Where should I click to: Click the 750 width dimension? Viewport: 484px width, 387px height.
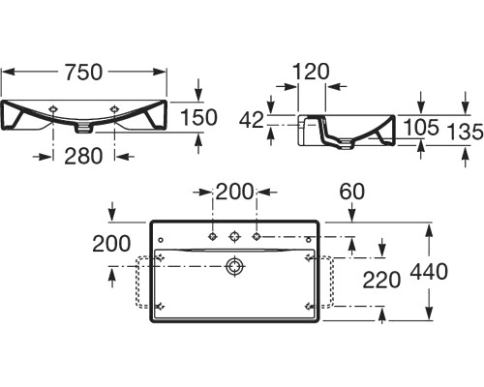pos(83,73)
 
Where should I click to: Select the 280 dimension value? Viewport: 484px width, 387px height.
pos(83,157)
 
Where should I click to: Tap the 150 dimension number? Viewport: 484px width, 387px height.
pos(198,117)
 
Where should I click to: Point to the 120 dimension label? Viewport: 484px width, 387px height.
pos(311,72)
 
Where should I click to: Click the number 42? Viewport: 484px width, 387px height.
pos(252,121)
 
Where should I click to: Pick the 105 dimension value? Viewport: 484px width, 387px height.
pos(421,127)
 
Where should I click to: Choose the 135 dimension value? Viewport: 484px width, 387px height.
pos(465,132)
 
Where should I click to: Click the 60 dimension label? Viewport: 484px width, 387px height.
pos(351,192)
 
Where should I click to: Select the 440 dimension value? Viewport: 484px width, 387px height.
pos(429,272)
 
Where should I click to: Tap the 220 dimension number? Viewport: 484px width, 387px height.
pos(381,280)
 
